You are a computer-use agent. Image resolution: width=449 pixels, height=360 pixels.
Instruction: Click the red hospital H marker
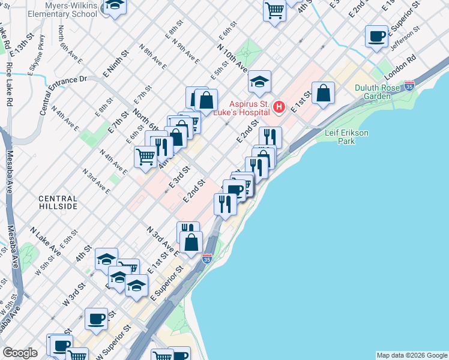(x=279, y=108)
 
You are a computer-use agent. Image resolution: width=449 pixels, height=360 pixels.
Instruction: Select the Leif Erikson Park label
(x=348, y=136)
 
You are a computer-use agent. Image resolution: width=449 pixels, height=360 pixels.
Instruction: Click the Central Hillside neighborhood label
(x=58, y=202)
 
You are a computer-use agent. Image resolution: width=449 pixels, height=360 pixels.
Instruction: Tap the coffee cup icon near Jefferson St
(x=376, y=36)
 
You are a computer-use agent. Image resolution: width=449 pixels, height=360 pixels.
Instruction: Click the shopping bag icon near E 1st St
(x=323, y=93)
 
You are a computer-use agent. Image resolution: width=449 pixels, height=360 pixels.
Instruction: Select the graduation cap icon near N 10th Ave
(x=259, y=82)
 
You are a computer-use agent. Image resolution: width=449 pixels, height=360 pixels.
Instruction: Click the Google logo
(x=20, y=353)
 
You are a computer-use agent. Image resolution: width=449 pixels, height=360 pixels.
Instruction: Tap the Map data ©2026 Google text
(x=411, y=355)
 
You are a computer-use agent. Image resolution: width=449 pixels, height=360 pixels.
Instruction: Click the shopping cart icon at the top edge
(x=274, y=10)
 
